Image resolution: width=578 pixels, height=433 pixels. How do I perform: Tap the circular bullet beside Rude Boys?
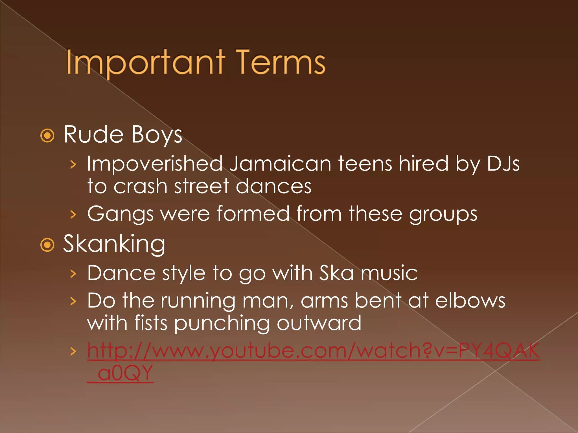click(47, 136)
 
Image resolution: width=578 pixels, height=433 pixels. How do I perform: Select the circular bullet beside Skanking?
click(47, 245)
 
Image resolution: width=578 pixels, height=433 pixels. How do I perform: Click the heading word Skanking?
click(114, 244)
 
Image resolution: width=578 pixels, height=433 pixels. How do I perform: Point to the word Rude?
click(93, 134)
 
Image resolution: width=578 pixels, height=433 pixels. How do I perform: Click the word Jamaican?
click(280, 164)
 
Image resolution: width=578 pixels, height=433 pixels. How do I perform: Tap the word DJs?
click(503, 164)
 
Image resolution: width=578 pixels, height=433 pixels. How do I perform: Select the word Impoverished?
click(155, 164)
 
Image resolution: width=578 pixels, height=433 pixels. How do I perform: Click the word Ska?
click(336, 273)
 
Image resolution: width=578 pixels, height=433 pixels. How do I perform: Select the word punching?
click(222, 324)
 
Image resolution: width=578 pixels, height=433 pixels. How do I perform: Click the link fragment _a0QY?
click(120, 374)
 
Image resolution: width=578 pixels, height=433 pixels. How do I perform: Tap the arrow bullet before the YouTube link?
click(73, 351)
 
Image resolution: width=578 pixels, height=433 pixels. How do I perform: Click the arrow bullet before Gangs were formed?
click(73, 214)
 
